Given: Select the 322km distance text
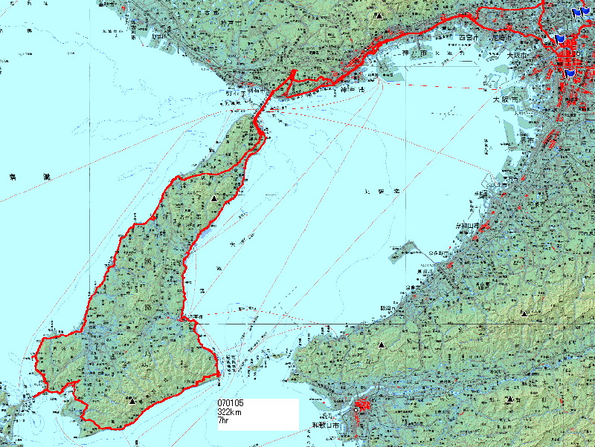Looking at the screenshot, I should tap(229, 412).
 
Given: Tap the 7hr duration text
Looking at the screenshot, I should tap(222, 420).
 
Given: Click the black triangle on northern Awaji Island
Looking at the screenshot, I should tap(214, 199).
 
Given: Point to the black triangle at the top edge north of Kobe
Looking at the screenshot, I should tap(379, 15).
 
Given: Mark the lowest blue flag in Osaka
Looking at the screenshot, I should tap(570, 73).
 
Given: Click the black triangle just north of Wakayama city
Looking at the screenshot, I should tap(382, 345).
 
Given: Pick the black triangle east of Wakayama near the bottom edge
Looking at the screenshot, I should tap(510, 399).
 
